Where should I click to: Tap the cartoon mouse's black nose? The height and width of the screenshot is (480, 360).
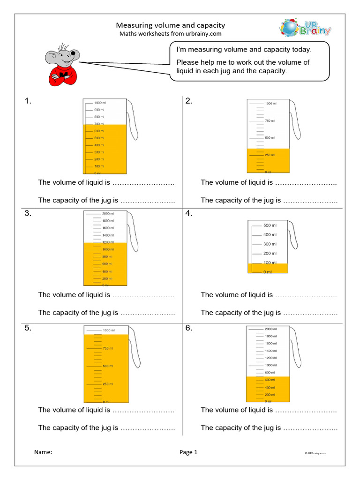pos(73,53)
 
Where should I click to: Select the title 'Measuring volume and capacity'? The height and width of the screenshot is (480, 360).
pos(170,25)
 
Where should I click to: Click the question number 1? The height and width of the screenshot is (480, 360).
pos(28,101)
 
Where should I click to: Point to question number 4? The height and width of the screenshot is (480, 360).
pos(189,214)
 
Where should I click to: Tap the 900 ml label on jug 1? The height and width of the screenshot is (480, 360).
pos(99,110)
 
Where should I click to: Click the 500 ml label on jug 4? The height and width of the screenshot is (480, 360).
pos(270,225)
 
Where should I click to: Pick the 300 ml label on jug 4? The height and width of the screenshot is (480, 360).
pos(270,244)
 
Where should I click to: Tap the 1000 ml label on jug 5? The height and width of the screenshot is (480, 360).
pos(109,330)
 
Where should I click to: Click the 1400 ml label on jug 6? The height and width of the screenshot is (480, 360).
pos(271,351)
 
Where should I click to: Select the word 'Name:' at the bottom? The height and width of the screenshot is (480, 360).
pos(43,452)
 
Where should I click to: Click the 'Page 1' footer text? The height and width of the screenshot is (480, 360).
pos(188,452)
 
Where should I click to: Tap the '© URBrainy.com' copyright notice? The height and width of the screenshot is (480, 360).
pos(315,453)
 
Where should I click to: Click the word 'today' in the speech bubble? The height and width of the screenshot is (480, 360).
pos(300,49)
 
